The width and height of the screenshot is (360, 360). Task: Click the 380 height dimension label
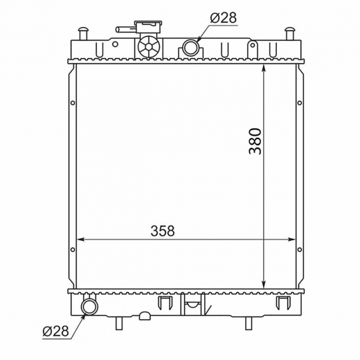click(x=255, y=141)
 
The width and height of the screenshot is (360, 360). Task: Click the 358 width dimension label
click(x=163, y=231)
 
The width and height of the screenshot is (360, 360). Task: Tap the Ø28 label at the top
click(x=224, y=17)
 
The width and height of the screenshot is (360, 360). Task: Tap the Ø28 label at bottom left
click(x=56, y=332)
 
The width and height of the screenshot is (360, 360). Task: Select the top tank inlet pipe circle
click(x=190, y=47)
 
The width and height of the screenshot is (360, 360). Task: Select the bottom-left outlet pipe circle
click(x=90, y=306)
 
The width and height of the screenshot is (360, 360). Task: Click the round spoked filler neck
click(x=149, y=47)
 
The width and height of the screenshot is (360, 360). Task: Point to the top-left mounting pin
click(x=83, y=33)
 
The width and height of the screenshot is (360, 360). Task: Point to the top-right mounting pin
click(x=290, y=33)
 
